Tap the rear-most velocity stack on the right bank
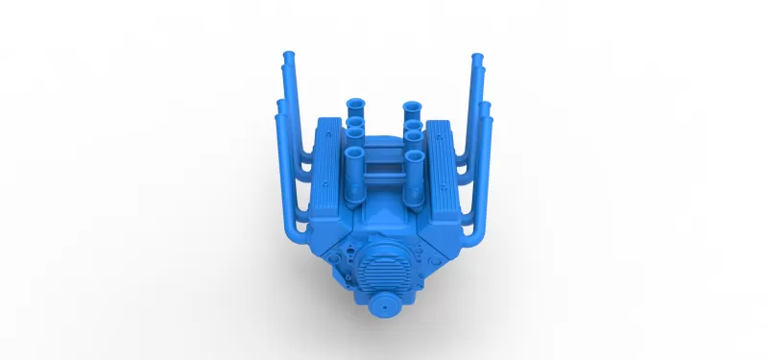click(412, 105)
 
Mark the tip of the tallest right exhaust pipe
click(477, 59)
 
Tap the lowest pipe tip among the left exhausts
click(281, 117)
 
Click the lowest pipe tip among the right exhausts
click(487, 118)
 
